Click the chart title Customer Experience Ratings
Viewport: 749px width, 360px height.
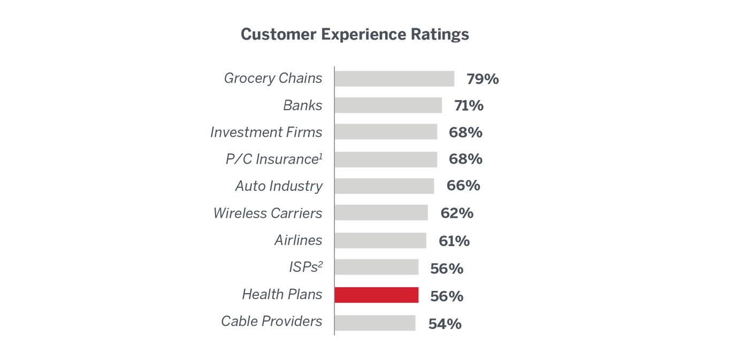[355, 34]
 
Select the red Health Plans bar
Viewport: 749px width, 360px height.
[377, 295]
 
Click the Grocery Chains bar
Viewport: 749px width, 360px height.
[394, 79]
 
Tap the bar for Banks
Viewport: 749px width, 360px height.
[388, 105]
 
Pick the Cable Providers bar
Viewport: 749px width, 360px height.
[375, 323]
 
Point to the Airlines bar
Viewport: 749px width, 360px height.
[380, 241]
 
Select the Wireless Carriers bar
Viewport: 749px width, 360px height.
[381, 213]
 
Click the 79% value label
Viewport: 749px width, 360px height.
[483, 79]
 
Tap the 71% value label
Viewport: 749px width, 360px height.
[469, 106]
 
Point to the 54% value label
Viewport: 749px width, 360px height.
[445, 324]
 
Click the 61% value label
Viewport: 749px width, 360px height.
[454, 241]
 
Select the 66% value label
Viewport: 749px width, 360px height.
[463, 186]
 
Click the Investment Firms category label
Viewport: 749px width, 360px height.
[266, 132]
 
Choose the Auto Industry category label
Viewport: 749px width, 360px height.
[279, 186]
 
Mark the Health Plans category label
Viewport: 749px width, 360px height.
[282, 294]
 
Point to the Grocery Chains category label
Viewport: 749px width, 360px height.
[273, 78]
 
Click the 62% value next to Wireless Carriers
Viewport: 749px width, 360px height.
[457, 213]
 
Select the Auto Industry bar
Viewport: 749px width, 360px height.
[384, 186]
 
